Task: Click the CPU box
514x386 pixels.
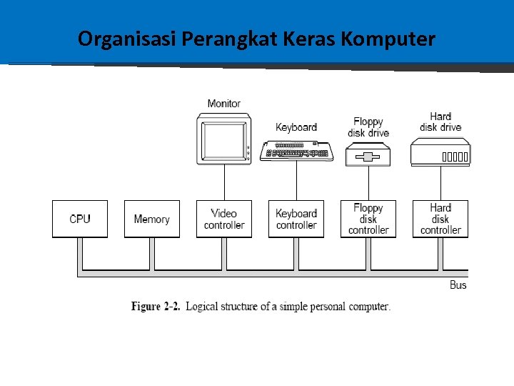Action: pyautogui.click(x=80, y=219)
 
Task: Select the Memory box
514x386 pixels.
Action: pyautogui.click(x=152, y=219)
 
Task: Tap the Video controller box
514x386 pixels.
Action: pyautogui.click(x=224, y=219)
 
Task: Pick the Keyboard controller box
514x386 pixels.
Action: pyautogui.click(x=296, y=219)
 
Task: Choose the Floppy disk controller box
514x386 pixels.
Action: pyautogui.click(x=368, y=219)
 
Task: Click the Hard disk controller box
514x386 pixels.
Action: pyautogui.click(x=440, y=219)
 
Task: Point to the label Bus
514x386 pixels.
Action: pyautogui.click(x=458, y=284)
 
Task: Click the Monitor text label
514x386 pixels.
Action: pyautogui.click(x=224, y=104)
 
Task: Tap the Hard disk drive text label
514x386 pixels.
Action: pyautogui.click(x=440, y=122)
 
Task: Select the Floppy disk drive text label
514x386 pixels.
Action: pyautogui.click(x=368, y=127)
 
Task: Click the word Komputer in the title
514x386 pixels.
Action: pyautogui.click(x=388, y=39)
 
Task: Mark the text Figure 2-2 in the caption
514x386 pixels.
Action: pyautogui.click(x=155, y=307)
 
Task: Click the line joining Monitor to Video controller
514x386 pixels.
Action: pyautogui.click(x=224, y=182)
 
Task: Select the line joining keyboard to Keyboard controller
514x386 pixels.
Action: pyautogui.click(x=296, y=180)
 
